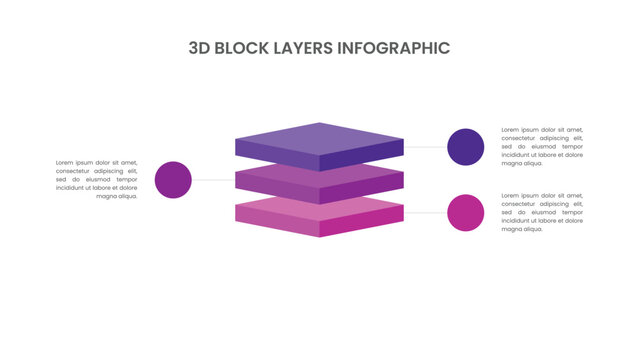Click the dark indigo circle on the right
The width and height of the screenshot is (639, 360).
(465, 147)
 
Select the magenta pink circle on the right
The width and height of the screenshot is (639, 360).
(465, 213)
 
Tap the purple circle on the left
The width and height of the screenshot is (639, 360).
(174, 180)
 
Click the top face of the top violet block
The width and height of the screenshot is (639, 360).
(319, 136)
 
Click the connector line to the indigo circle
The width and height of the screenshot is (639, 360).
(425, 147)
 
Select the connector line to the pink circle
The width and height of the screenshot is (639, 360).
(425, 213)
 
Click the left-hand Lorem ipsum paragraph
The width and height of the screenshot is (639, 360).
(96, 179)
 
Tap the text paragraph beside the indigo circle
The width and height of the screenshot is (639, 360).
(542, 146)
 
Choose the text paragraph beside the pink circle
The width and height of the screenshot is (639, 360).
(542, 212)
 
